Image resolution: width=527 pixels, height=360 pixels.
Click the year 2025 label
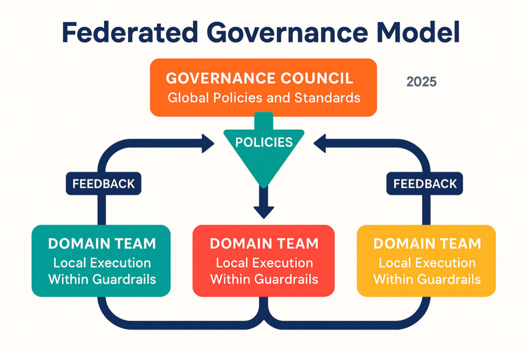(421, 82)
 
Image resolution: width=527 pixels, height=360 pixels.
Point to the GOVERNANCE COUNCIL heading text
(260, 79)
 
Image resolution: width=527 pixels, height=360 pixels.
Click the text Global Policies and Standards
(264, 97)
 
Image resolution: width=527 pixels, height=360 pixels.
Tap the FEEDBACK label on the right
(425, 184)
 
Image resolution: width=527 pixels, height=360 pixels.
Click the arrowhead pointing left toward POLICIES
(320, 142)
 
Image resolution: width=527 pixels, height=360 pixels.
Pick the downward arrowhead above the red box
(263, 211)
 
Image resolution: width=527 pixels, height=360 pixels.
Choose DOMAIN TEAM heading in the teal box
(102, 243)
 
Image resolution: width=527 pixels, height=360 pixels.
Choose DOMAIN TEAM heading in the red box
(264, 243)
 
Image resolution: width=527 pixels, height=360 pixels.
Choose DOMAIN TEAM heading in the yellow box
(427, 243)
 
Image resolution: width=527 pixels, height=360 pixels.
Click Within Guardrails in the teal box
(102, 280)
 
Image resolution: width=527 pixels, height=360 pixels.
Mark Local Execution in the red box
(264, 263)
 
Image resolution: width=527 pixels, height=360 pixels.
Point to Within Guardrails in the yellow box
(427, 280)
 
